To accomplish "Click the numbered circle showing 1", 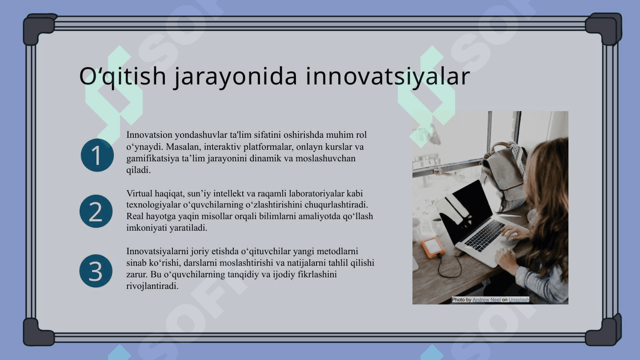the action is tap(97, 155).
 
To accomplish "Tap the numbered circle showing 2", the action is tap(96, 212).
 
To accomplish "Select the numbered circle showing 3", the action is tap(96, 271).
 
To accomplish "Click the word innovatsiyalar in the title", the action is tap(388, 76).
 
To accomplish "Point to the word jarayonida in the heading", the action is tap(236, 76).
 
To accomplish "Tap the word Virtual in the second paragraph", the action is tap(140, 193).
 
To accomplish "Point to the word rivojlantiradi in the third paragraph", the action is tap(152, 286).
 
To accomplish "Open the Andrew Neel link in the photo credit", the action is tap(486, 300).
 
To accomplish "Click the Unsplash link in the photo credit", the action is tap(519, 300).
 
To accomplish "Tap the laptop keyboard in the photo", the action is tap(485, 235).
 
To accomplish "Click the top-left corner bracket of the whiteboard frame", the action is tap(39, 28).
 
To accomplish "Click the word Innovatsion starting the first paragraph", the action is tap(149, 135).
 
